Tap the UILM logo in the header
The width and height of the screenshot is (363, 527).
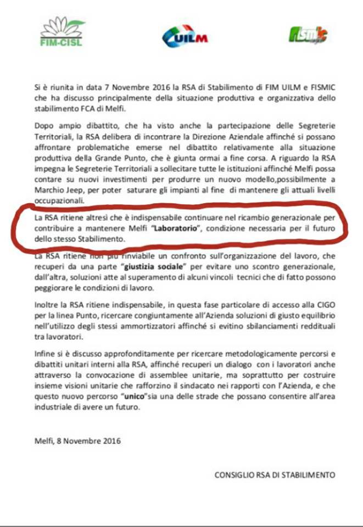185,37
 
